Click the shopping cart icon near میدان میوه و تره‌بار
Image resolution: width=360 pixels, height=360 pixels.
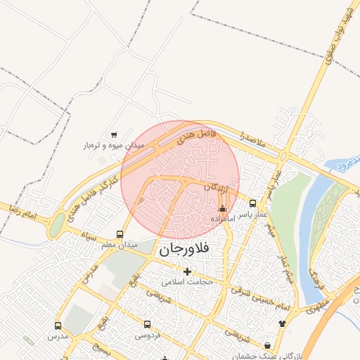(114, 134)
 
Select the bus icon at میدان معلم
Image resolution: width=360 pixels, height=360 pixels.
(120, 234)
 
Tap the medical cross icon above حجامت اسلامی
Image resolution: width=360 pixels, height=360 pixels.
(187, 271)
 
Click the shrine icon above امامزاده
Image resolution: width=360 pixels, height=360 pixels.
(223, 208)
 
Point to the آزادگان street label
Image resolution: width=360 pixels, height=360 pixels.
(217, 188)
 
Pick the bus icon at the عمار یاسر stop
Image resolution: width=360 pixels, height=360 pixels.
(253, 203)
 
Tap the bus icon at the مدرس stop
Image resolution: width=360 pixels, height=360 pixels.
(58, 326)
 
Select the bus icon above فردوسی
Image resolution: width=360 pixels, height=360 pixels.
(147, 325)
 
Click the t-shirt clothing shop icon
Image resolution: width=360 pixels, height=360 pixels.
(283, 323)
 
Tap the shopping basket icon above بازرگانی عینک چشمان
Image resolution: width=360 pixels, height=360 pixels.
(267, 346)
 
